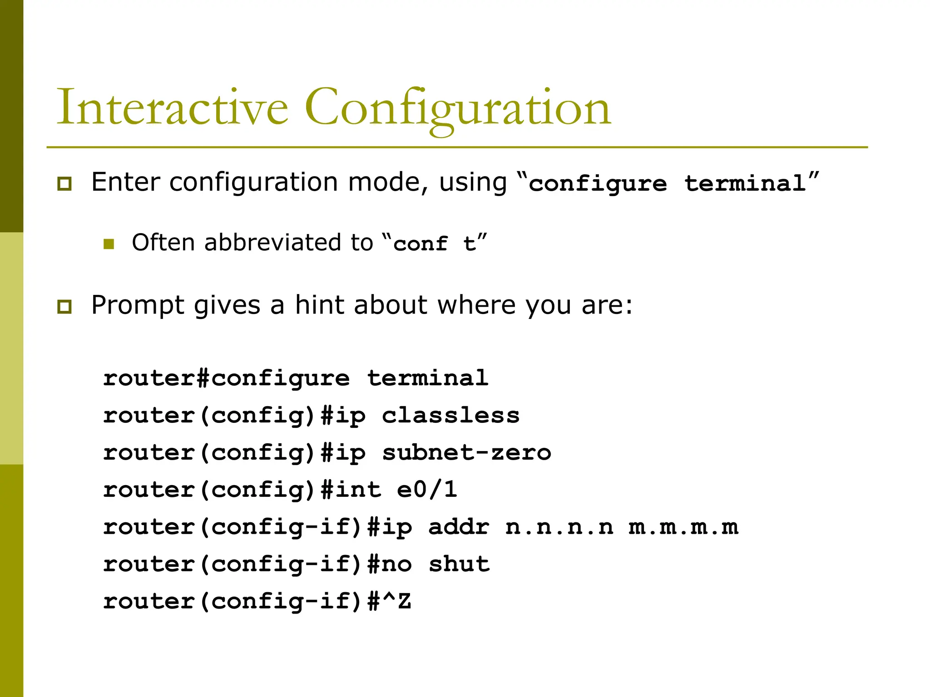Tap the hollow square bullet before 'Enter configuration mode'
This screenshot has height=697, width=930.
point(64,184)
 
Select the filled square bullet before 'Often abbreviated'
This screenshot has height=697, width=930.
point(109,244)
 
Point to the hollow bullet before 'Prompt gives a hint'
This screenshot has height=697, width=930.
point(64,307)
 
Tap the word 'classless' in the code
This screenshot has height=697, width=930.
point(450,416)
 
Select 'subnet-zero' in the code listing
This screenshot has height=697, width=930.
point(466,453)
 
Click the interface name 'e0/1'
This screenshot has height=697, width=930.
point(427,490)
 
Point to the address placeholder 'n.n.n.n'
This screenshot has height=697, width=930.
point(559,527)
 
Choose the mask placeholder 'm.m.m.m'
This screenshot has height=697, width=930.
point(683,527)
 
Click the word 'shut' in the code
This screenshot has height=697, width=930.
point(459,564)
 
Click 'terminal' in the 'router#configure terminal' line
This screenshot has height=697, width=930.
point(428,378)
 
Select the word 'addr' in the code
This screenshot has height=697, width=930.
point(459,527)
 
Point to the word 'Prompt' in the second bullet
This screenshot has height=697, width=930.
point(138,305)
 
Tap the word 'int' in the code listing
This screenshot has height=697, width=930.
point(359,490)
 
